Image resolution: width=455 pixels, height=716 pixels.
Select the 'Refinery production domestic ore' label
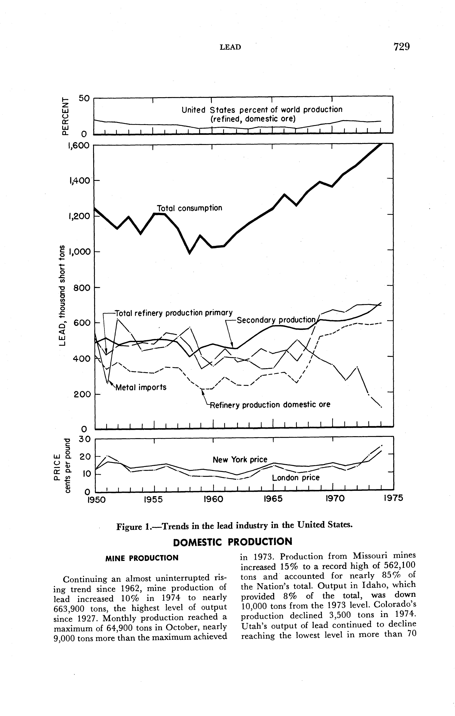tap(270, 405)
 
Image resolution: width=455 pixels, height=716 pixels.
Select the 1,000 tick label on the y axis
tap(79, 252)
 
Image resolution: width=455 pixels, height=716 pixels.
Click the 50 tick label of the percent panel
tap(84, 98)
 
